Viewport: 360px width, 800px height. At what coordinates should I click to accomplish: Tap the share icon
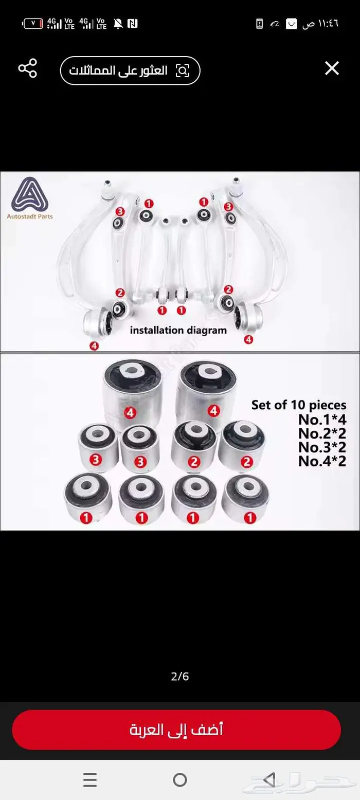[x=27, y=68]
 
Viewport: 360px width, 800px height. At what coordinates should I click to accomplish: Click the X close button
[x=332, y=68]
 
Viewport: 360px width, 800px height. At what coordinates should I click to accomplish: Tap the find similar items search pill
[x=130, y=71]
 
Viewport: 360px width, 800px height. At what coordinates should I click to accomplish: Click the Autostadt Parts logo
[x=30, y=198]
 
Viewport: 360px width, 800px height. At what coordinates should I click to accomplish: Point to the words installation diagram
[x=178, y=331]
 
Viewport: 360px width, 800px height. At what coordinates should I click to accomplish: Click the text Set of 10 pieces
[x=299, y=405]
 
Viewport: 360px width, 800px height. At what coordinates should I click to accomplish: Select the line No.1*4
[x=322, y=419]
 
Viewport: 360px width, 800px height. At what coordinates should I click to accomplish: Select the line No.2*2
[x=322, y=433]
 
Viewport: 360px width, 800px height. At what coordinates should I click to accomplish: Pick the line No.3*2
[x=322, y=447]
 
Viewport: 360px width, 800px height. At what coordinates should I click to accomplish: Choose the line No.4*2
[x=322, y=461]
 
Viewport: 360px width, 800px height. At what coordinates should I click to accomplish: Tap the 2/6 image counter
[x=180, y=677]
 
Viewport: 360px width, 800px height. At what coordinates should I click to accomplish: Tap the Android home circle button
[x=180, y=779]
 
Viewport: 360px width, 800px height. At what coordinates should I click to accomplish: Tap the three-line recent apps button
[x=90, y=779]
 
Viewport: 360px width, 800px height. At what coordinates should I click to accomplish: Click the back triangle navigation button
[x=269, y=779]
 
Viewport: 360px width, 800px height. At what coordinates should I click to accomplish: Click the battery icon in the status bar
[x=33, y=24]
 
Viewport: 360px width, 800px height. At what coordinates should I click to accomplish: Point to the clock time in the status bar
[x=320, y=24]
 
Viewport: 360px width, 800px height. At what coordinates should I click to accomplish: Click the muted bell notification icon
[x=118, y=24]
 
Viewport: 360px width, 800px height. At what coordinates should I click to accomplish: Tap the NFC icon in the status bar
[x=133, y=24]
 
